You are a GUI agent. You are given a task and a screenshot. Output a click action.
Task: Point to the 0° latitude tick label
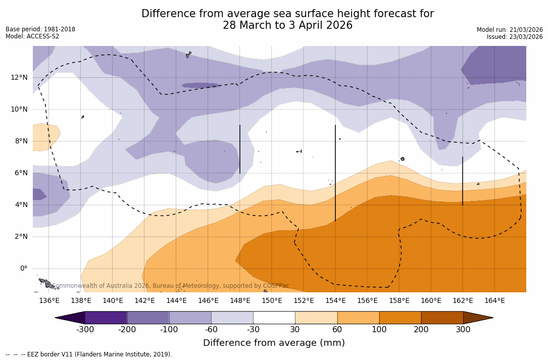pos(23,269)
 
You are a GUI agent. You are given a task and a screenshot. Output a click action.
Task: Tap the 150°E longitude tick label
pos(272,300)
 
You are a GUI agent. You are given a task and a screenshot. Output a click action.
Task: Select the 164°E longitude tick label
pos(494,300)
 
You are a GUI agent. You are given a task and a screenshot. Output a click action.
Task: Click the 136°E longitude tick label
pos(49,300)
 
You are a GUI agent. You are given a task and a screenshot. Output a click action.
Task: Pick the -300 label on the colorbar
pos(85,330)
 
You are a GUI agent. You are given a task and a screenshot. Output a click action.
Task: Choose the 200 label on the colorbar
pos(421,330)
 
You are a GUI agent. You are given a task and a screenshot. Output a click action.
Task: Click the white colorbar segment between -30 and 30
pos(274,318)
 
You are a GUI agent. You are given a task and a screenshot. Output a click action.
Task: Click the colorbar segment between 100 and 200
pos(400,318)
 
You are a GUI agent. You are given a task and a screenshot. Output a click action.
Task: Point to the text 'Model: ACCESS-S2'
pos(32,36)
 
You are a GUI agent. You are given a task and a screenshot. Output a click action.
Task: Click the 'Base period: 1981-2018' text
pos(40,29)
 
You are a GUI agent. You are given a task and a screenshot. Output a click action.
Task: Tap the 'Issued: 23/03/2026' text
pos(515,37)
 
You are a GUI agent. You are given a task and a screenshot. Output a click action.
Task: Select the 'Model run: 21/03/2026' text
pos(510,30)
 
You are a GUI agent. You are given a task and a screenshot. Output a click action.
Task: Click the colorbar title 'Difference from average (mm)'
pos(274,343)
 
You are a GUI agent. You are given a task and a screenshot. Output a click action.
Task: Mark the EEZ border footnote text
pos(89,354)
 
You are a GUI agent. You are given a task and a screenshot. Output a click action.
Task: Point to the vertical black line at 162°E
pos(463,181)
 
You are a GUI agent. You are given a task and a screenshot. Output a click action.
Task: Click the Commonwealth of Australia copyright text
pos(171,286)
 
